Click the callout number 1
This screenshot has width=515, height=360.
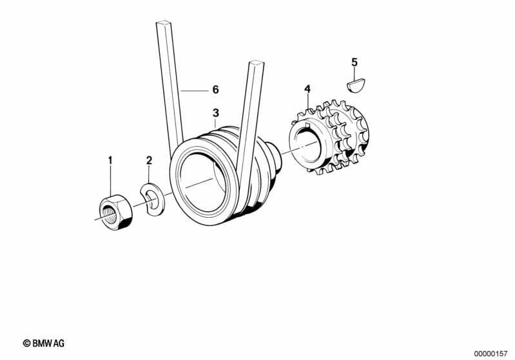click(x=110, y=160)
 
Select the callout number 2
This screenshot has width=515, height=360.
click(x=149, y=160)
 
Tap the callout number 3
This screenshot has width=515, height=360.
click(x=215, y=113)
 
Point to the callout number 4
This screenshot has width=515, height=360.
click(x=307, y=89)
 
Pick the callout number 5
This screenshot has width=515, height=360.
click(x=354, y=62)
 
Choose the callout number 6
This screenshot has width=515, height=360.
click(x=215, y=90)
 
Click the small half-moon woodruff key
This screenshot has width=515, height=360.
click(x=356, y=85)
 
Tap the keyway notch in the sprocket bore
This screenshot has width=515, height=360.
click(x=308, y=125)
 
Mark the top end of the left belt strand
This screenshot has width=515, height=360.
click(x=164, y=23)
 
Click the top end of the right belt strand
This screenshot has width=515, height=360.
click(x=257, y=62)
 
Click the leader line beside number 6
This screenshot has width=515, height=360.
click(x=195, y=90)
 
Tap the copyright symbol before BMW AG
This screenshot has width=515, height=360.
click(x=26, y=343)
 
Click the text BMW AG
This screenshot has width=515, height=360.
click(x=48, y=343)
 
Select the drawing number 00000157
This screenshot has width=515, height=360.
click(x=491, y=354)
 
